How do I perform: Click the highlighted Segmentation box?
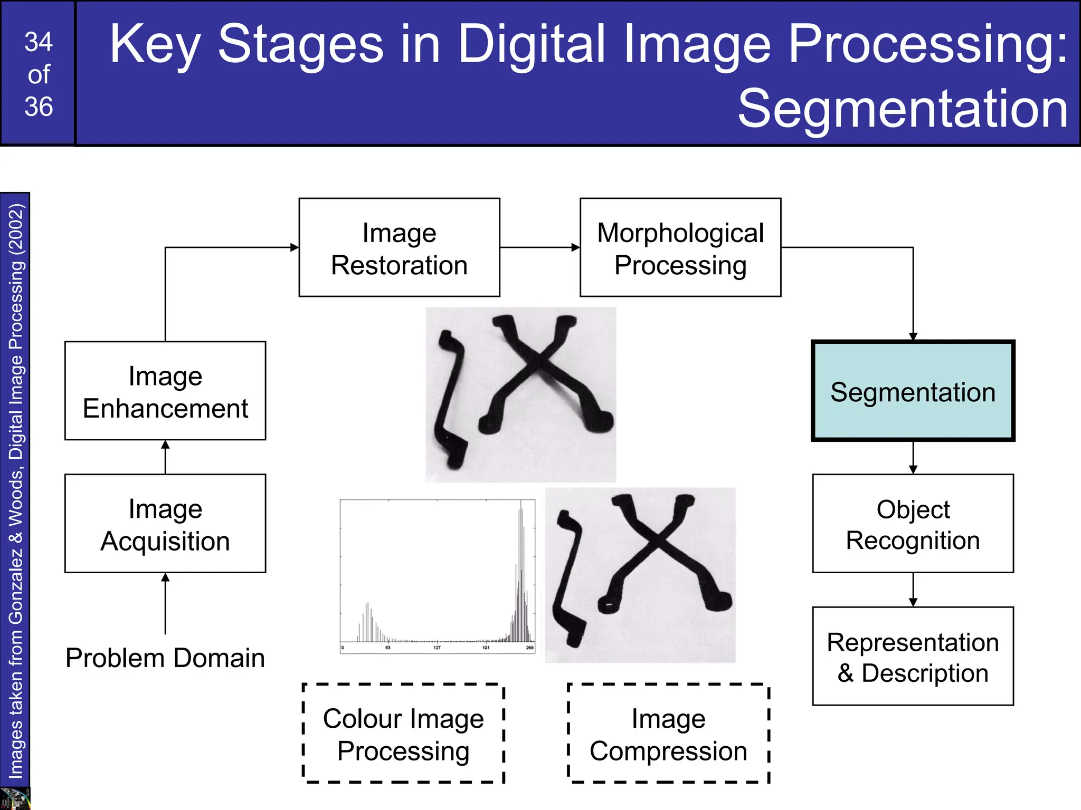pyautogui.click(x=913, y=391)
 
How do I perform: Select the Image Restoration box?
pyautogui.click(x=399, y=247)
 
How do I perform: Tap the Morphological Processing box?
pyautogui.click(x=680, y=247)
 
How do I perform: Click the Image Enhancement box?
pyautogui.click(x=165, y=391)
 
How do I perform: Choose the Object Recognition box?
pyautogui.click(x=913, y=524)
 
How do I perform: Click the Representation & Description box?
pyautogui.click(x=913, y=657)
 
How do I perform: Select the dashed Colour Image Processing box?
pyautogui.click(x=403, y=734)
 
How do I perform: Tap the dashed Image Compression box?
pyautogui.click(x=668, y=734)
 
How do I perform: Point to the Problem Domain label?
pyautogui.click(x=165, y=658)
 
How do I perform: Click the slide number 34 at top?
pyautogui.click(x=39, y=42)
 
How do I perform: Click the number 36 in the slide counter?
pyautogui.click(x=39, y=107)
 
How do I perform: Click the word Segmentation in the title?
pyautogui.click(x=903, y=109)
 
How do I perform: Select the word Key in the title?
pyautogui.click(x=154, y=46)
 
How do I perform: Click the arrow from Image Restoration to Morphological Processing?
pyautogui.click(x=539, y=247)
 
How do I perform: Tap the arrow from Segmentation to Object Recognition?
pyautogui.click(x=913, y=458)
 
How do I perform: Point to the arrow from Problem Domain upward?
pyautogui.click(x=165, y=604)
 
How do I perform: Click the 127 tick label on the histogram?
pyautogui.click(x=437, y=648)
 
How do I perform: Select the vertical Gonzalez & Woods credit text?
pyautogui.click(x=15, y=490)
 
